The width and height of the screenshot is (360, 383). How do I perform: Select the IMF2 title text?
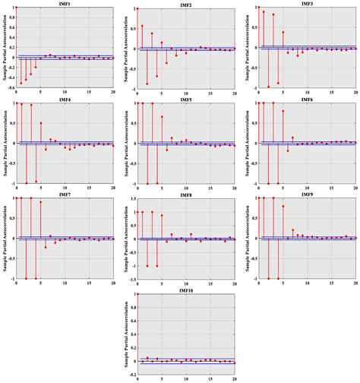186,5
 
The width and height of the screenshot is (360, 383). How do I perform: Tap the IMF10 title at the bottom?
186,290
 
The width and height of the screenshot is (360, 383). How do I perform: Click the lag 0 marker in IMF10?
137,294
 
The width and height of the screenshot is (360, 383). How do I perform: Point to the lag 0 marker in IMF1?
16,9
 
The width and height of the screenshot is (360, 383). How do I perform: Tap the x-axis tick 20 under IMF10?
235,378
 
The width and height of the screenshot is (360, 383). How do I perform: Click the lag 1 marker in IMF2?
142,26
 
